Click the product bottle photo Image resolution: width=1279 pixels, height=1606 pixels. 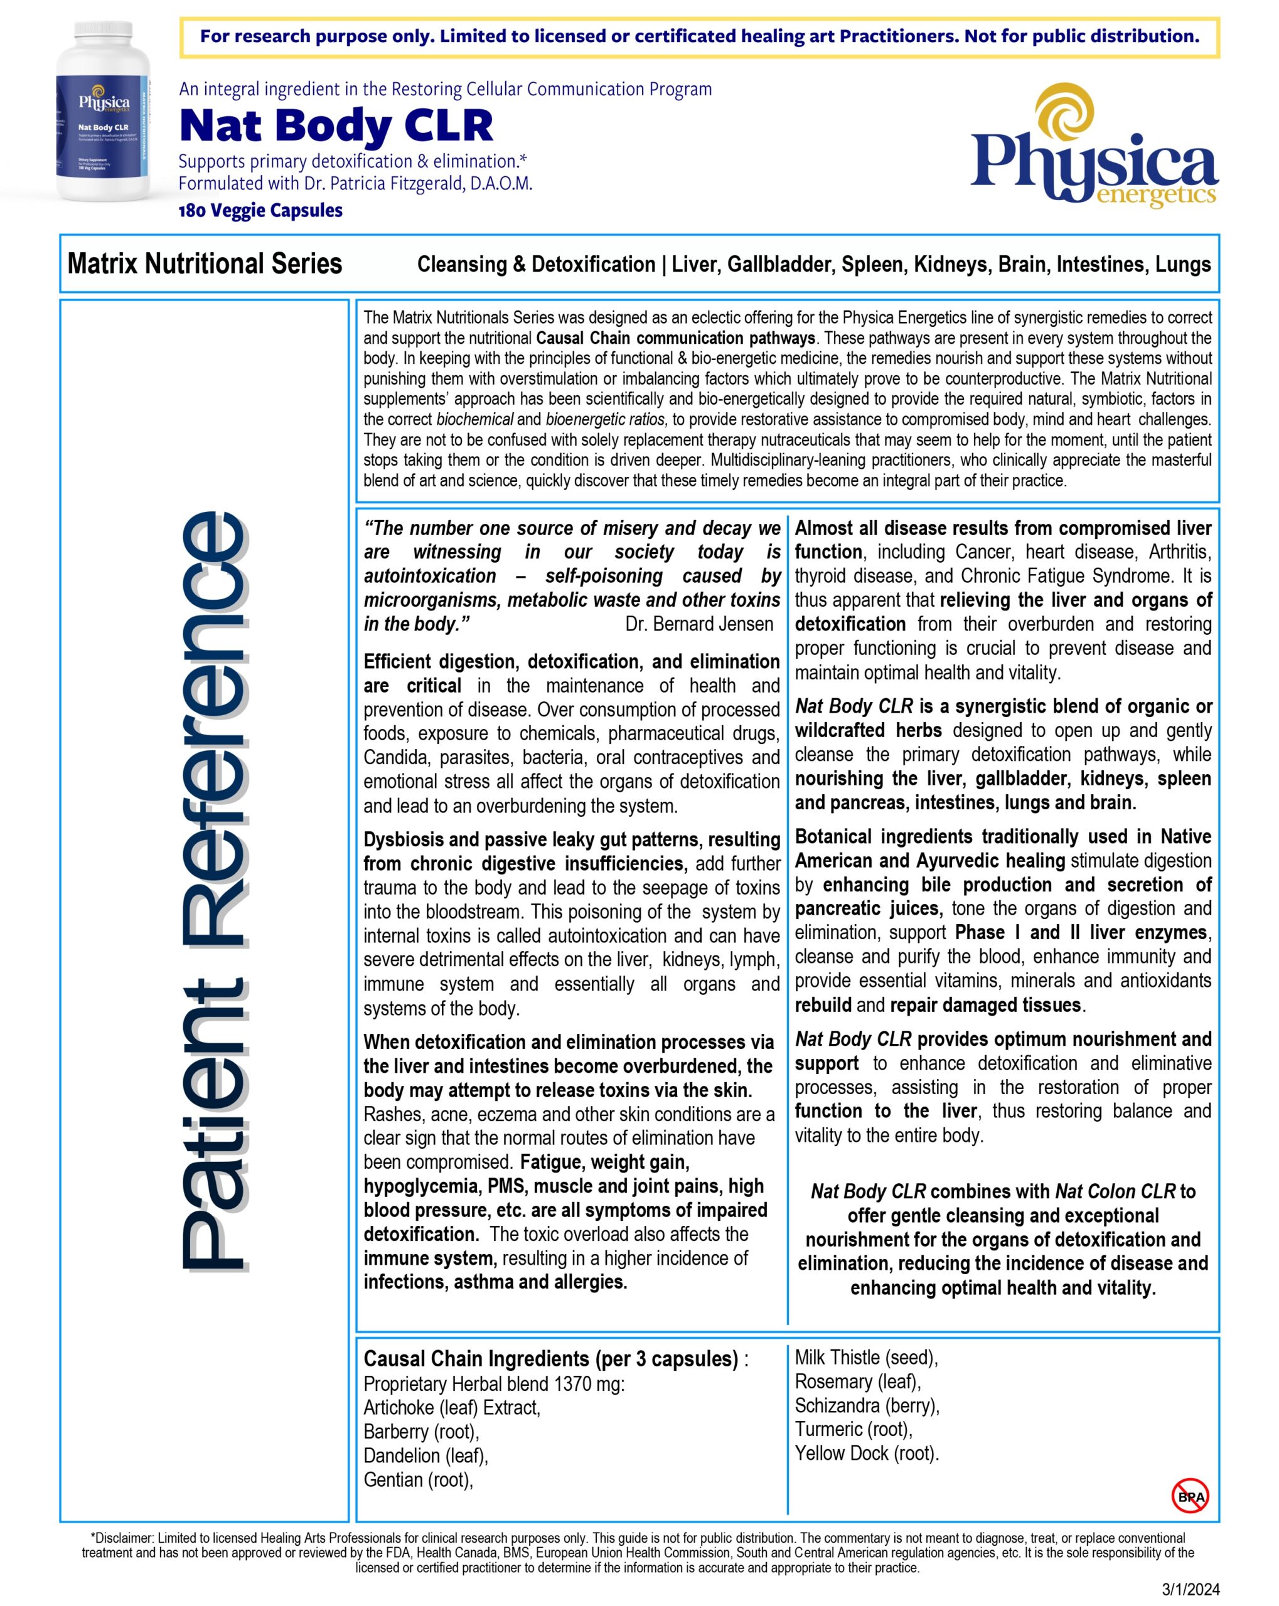click(104, 112)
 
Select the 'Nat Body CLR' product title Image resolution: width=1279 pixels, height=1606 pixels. click(336, 125)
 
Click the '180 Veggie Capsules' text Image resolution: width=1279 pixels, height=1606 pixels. click(260, 211)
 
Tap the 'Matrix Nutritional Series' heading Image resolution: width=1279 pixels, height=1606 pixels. click(205, 263)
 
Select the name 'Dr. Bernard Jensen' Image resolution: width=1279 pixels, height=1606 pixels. click(699, 624)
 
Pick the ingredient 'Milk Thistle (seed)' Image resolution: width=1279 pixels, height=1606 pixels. click(865, 1357)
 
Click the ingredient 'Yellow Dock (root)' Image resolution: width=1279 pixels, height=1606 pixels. click(866, 1454)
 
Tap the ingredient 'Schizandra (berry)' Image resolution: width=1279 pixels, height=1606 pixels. click(867, 1406)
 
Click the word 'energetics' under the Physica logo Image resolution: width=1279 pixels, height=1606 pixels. click(1156, 195)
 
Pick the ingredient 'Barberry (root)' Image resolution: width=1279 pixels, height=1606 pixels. click(421, 1432)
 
